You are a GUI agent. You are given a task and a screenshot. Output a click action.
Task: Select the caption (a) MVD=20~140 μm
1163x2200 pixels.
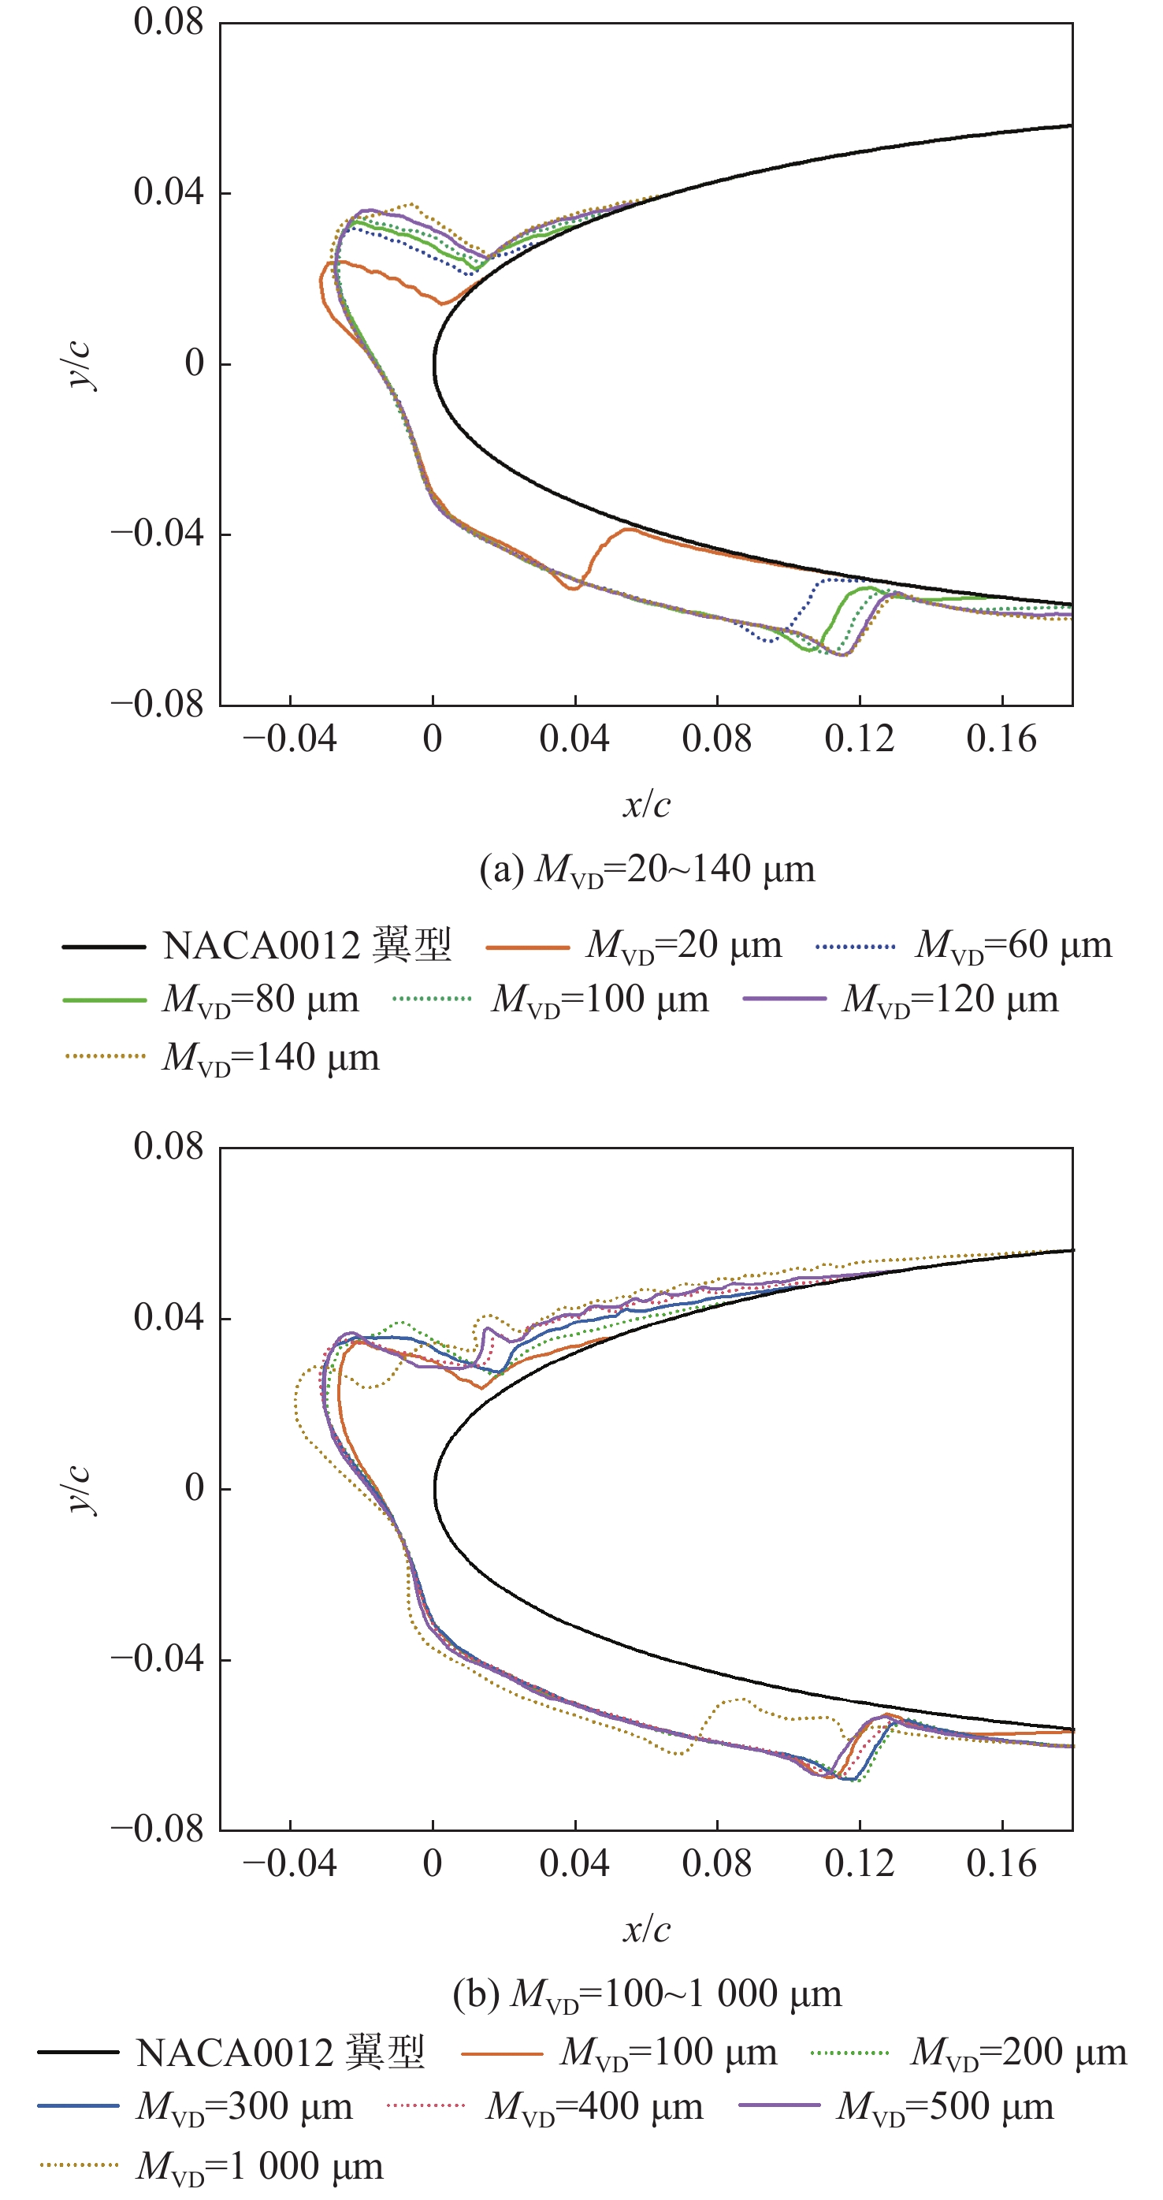(x=647, y=870)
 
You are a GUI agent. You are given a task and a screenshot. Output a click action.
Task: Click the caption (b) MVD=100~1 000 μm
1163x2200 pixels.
(x=647, y=1994)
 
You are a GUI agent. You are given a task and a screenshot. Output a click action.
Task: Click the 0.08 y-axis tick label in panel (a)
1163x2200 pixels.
(x=168, y=22)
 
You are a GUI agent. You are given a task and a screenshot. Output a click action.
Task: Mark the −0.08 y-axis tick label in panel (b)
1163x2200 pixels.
(x=158, y=1830)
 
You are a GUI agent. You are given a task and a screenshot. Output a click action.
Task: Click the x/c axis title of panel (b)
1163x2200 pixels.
(x=646, y=1930)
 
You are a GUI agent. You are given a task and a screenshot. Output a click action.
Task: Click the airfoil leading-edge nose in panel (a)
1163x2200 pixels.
(x=435, y=365)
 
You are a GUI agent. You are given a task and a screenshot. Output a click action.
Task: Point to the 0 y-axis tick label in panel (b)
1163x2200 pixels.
(x=195, y=1487)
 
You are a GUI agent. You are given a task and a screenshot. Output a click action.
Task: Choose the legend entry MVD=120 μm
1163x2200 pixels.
(x=949, y=999)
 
